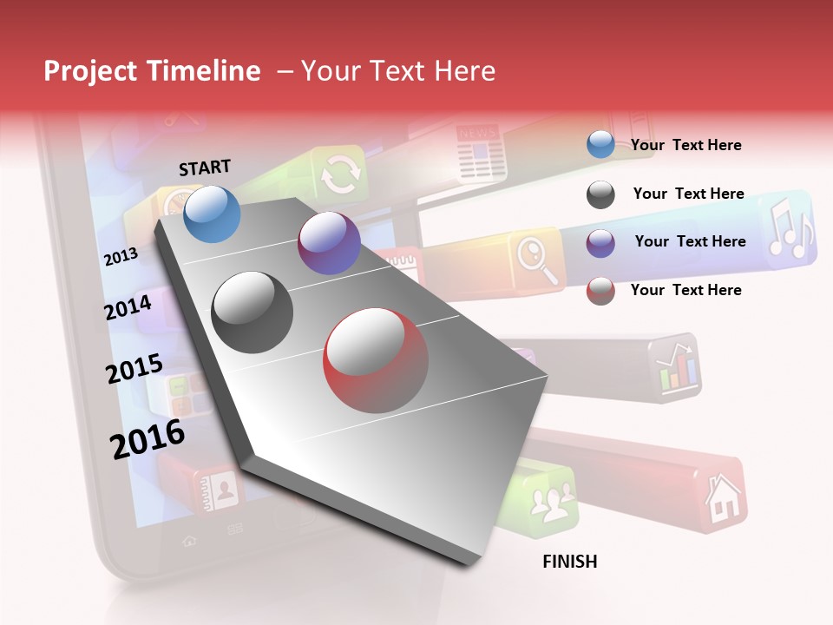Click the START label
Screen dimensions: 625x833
click(x=205, y=168)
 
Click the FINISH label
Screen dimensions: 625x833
click(x=569, y=562)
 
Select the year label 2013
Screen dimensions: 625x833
click(x=121, y=256)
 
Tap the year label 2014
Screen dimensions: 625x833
click(x=128, y=307)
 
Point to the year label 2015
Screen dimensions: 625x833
click(x=134, y=369)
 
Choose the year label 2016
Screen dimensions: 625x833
click(x=148, y=438)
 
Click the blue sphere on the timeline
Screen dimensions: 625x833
click(x=213, y=214)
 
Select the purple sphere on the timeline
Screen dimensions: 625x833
click(x=329, y=243)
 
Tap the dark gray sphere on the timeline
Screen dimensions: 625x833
click(x=253, y=312)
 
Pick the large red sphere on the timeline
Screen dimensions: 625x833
click(x=376, y=360)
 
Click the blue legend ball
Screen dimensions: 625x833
click(x=600, y=145)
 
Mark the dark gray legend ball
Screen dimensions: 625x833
click(x=600, y=194)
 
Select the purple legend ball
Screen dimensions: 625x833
click(x=600, y=242)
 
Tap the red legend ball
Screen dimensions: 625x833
click(x=600, y=291)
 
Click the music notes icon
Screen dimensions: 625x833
click(x=789, y=229)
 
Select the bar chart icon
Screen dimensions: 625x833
click(x=678, y=369)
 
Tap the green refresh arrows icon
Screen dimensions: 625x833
click(x=339, y=174)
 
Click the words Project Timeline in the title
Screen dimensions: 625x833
click(x=152, y=71)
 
